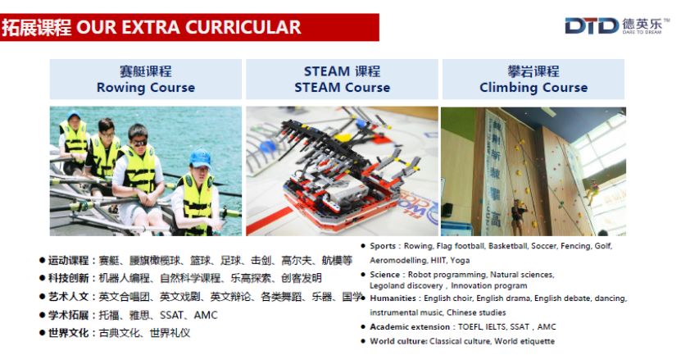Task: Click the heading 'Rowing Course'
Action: point(146,88)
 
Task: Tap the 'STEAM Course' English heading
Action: point(343,88)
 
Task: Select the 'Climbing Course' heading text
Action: point(533,88)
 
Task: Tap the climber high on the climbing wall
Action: point(591,189)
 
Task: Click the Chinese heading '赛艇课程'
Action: point(146,71)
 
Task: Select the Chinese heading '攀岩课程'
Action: point(533,71)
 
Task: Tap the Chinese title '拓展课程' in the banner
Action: point(37,27)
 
